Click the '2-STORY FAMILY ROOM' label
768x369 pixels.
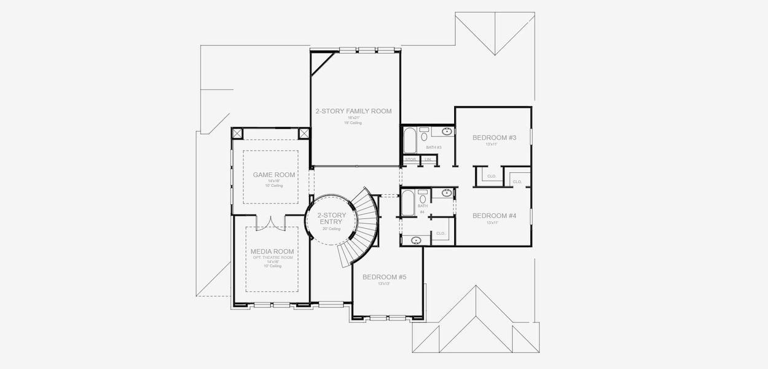pyautogui.click(x=353, y=111)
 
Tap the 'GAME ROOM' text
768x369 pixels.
pyautogui.click(x=274, y=175)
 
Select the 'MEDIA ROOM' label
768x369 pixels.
pyautogui.click(x=272, y=252)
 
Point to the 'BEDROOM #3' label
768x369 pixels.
pyautogui.click(x=493, y=138)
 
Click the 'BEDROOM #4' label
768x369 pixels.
pyautogui.click(x=493, y=216)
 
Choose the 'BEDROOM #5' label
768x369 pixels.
pyautogui.click(x=384, y=277)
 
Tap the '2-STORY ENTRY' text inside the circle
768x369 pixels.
pyautogui.click(x=332, y=219)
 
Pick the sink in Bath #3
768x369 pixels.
pyautogui.click(x=447, y=131)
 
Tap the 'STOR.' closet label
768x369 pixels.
pyautogui.click(x=411, y=161)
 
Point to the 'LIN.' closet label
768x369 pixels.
pyautogui.click(x=428, y=161)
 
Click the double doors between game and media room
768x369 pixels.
pyautogui.click(x=271, y=223)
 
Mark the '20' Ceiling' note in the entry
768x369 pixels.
pyautogui.click(x=332, y=229)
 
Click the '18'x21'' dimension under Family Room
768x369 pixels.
pyautogui.click(x=353, y=117)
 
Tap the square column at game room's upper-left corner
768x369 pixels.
pyautogui.click(x=237, y=133)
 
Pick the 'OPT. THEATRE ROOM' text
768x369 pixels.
pyautogui.click(x=272, y=257)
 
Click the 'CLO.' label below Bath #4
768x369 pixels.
pyautogui.click(x=441, y=234)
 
